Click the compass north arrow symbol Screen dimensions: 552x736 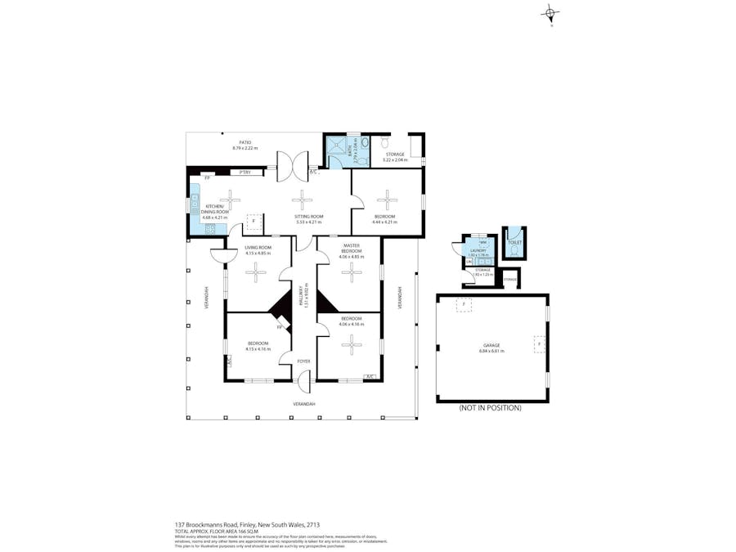[551, 14]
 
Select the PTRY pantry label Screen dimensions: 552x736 [245, 173]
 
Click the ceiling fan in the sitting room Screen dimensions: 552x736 [303, 199]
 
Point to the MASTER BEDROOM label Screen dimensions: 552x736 [351, 249]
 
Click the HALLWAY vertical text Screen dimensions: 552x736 [301, 294]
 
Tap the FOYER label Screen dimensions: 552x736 [303, 361]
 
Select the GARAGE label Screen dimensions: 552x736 [491, 346]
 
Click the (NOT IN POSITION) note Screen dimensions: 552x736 [490, 407]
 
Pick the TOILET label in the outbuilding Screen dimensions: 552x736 [514, 243]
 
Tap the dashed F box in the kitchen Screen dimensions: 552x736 [254, 222]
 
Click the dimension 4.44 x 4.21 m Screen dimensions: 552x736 [384, 222]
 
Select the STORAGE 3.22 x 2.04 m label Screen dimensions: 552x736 [395, 156]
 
